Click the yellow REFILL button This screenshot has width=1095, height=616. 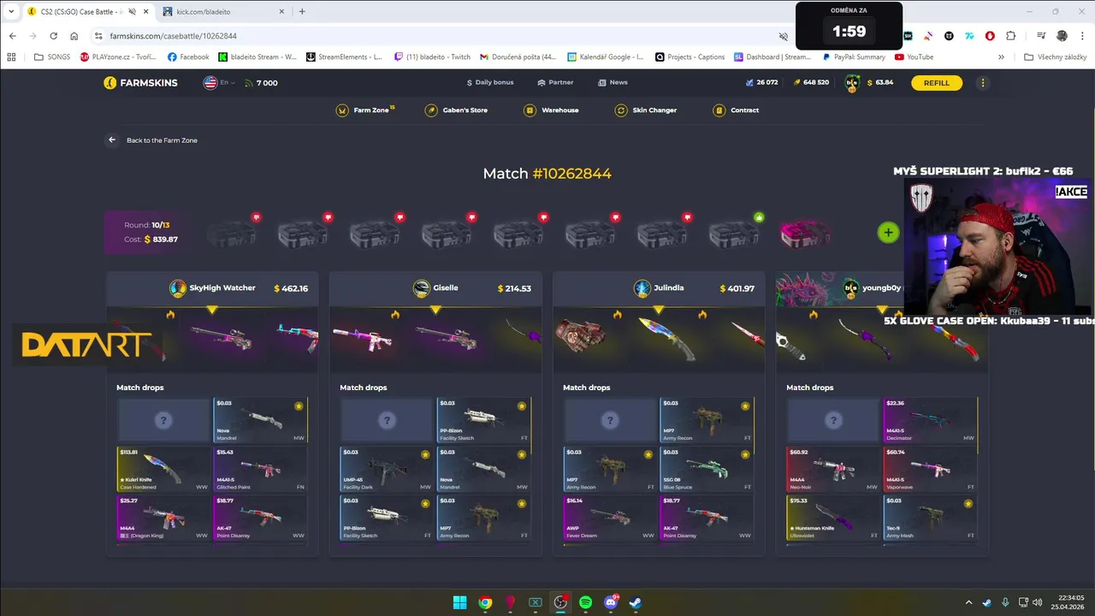click(x=936, y=83)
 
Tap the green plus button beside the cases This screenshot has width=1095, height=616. click(x=888, y=232)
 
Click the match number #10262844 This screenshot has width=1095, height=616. click(x=571, y=174)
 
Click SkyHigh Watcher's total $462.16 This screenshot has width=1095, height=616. click(x=291, y=288)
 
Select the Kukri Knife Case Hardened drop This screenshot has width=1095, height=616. click(x=163, y=468)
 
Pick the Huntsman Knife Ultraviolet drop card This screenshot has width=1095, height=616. click(x=833, y=517)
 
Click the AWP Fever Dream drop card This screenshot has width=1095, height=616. click(x=610, y=517)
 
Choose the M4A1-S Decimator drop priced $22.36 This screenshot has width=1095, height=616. click(x=930, y=419)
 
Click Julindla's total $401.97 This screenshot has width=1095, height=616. click(x=737, y=288)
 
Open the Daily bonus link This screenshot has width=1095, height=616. click(x=490, y=83)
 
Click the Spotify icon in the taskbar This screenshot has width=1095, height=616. click(x=585, y=602)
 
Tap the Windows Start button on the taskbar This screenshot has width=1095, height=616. click(x=459, y=602)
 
